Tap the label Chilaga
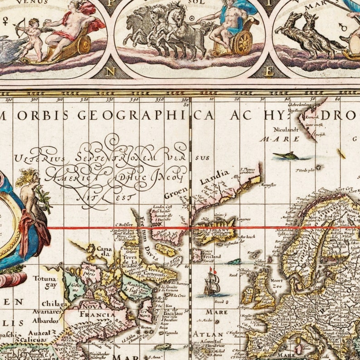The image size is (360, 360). (x=54, y=303)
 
